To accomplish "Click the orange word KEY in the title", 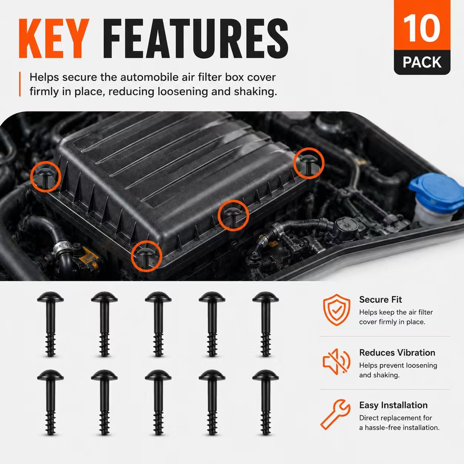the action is [x=54, y=38].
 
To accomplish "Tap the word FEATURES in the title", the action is [x=195, y=38].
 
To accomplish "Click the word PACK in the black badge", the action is [x=422, y=63].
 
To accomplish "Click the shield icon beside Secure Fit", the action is [x=337, y=310].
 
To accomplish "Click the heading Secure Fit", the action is [x=380, y=300].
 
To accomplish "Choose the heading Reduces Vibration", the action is [x=397, y=353].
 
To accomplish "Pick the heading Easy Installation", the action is [x=393, y=405].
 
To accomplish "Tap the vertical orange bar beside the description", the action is [x=20, y=84].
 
